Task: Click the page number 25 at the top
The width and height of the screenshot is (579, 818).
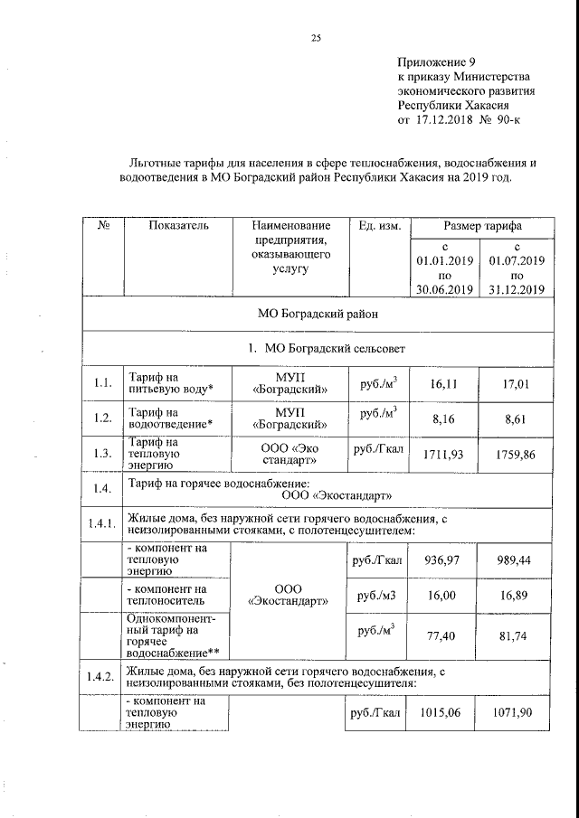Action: pos(316,37)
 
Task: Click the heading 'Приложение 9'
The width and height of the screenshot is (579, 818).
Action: pos(436,62)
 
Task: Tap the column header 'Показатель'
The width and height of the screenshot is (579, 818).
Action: pos(178,225)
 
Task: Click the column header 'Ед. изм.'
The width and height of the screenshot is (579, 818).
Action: pos(380,225)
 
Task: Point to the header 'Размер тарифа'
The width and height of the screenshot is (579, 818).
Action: pos(481,225)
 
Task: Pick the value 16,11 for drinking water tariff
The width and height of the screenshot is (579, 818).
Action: pos(443,384)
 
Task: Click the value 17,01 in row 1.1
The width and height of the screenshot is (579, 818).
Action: pos(516,384)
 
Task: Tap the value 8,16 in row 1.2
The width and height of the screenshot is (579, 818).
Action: pos(443,418)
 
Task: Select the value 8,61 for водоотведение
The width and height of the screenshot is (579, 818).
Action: pos(516,418)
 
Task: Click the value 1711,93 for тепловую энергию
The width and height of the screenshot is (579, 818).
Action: pos(443,453)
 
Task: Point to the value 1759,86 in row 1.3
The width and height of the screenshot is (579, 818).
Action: pos(516,453)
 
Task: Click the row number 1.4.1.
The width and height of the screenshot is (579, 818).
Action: pos(101,524)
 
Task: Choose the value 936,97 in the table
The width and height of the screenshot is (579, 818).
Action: pos(443,560)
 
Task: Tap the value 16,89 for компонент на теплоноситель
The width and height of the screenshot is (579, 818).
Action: pos(516,596)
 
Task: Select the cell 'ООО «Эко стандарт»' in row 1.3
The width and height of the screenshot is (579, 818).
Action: pos(289,453)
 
